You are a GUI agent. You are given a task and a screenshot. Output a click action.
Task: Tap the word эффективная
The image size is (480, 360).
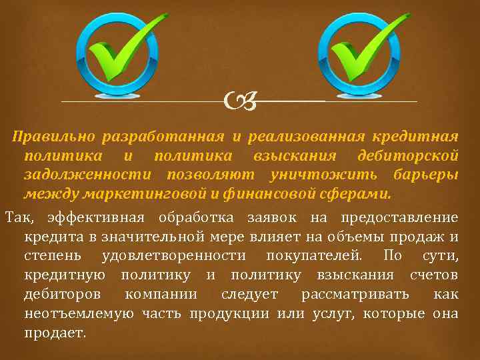pos(98,218)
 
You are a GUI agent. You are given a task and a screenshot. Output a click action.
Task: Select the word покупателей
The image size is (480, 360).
pos(315,256)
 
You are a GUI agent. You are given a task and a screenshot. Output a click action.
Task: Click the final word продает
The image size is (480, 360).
pos(55,332)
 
